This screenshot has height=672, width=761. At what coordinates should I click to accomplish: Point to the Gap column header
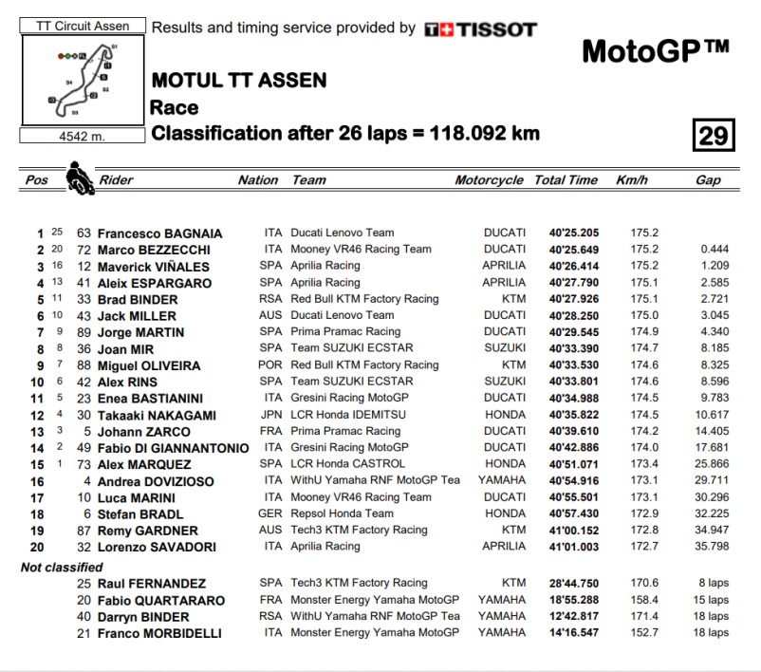708,180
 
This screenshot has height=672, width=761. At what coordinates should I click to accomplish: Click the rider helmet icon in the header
79,177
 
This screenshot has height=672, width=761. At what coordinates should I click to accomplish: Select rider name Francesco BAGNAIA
162,233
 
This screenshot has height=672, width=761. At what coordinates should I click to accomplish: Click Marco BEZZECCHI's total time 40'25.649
566,250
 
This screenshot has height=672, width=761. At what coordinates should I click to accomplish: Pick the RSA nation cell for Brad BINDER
271,299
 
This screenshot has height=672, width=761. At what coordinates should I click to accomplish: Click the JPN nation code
271,415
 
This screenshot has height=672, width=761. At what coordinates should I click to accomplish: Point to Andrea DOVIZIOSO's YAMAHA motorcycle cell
502,481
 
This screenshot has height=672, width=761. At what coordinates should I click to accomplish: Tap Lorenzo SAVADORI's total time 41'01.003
566,547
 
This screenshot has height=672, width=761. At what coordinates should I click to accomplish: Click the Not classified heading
62,567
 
